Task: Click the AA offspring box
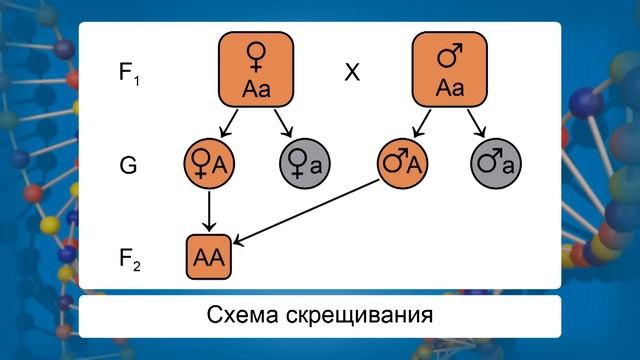pyautogui.click(x=210, y=258)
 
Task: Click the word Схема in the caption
pyautogui.click(x=248, y=316)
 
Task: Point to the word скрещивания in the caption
pyautogui.click(x=364, y=316)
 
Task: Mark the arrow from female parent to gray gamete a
pyautogui.click(x=283, y=123)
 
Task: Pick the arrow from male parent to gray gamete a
pyautogui.click(x=478, y=123)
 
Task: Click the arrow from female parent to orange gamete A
pyautogui.click(x=229, y=123)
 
